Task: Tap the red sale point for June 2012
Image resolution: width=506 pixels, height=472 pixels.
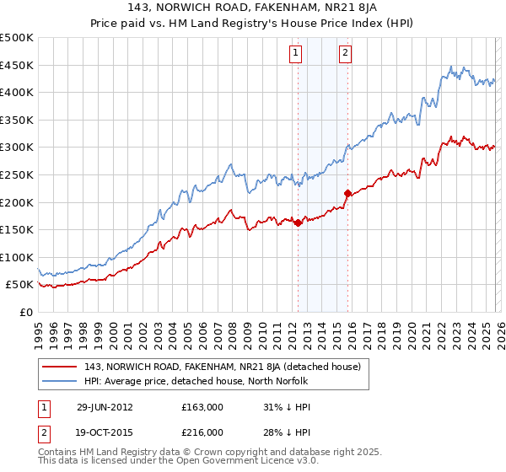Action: [299, 223]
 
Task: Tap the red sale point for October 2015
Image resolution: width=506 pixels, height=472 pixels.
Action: [347, 193]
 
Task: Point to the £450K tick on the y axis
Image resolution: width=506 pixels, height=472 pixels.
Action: [17, 65]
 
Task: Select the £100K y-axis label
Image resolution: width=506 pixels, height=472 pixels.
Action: [17, 257]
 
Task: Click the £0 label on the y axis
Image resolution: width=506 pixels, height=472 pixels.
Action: [26, 312]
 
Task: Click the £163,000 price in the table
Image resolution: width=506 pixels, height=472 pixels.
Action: [202, 406]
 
